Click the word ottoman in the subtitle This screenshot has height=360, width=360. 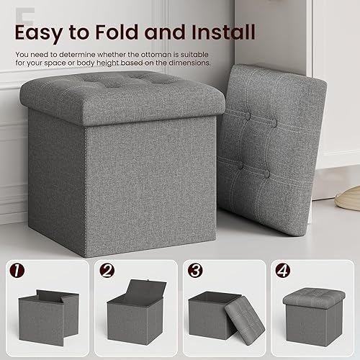click(x=168, y=53)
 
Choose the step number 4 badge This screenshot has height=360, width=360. click(x=282, y=271)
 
